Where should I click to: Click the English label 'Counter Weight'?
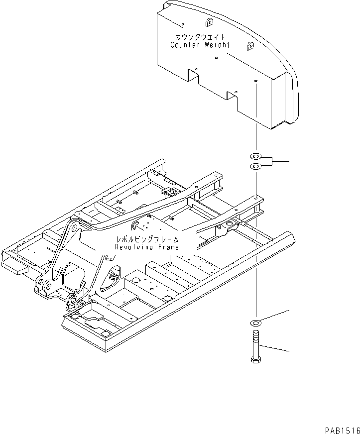click(200, 45)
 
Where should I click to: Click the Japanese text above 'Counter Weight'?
click(200, 37)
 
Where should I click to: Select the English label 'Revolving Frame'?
click(146, 247)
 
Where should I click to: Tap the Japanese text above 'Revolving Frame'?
click(146, 239)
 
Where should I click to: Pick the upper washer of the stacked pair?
click(255, 157)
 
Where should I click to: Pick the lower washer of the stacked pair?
click(255, 166)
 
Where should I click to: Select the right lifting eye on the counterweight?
click(249, 46)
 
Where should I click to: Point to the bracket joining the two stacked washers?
click(269, 161)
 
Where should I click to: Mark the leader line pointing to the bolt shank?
click(276, 348)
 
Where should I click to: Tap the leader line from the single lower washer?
click(276, 317)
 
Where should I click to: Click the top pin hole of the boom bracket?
click(73, 228)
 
